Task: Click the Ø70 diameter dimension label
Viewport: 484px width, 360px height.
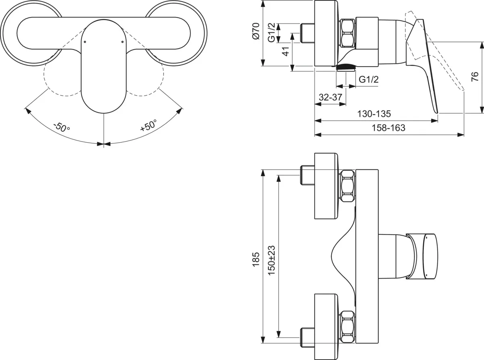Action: (255, 31)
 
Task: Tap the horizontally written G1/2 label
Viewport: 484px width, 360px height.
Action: (369, 79)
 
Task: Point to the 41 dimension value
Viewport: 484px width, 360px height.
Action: (285, 52)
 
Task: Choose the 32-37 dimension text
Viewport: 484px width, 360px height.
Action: (330, 97)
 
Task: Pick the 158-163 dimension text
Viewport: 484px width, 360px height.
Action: (389, 128)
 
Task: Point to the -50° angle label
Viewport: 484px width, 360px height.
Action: (62, 127)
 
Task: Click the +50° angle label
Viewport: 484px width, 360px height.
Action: (148, 125)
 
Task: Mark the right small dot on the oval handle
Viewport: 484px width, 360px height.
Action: (122, 41)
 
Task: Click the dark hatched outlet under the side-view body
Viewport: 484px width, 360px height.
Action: (345, 67)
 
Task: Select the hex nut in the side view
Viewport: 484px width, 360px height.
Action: (348, 33)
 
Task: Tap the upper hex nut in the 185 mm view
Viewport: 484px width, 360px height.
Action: (348, 186)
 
